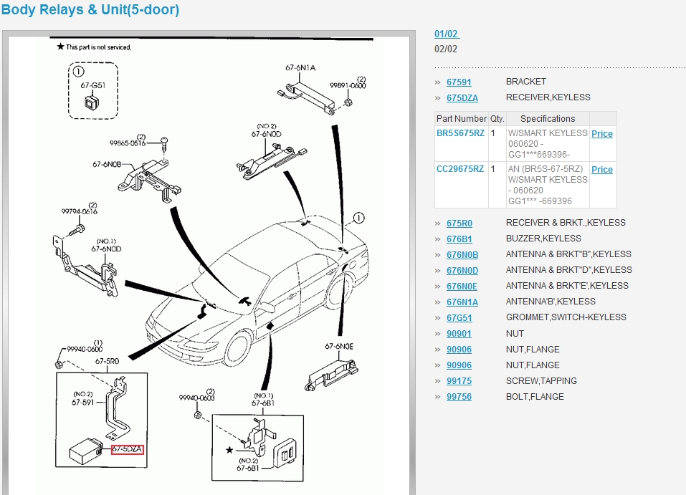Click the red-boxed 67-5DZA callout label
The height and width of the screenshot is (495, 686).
click(128, 449)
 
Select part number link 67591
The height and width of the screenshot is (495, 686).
click(459, 82)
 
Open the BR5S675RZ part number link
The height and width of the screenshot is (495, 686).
click(461, 133)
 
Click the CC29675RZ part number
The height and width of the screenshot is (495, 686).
click(460, 169)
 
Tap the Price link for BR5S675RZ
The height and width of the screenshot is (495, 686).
click(602, 134)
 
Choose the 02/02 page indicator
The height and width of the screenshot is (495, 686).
click(446, 49)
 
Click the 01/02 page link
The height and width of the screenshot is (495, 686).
click(447, 34)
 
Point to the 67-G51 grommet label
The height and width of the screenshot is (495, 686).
click(93, 85)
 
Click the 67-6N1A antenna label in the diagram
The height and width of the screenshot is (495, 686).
click(300, 68)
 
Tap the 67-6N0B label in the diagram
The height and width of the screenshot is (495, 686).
click(105, 164)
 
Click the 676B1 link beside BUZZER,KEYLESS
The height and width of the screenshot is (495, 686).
click(459, 239)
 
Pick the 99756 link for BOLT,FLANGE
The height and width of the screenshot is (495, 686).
click(459, 397)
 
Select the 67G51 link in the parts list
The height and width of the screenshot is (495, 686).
click(459, 317)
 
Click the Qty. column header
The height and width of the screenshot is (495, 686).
click(497, 119)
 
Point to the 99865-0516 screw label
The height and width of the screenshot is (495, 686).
click(127, 143)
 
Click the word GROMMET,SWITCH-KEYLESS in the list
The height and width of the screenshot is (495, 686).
click(566, 317)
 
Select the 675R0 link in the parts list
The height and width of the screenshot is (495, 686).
click(459, 223)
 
